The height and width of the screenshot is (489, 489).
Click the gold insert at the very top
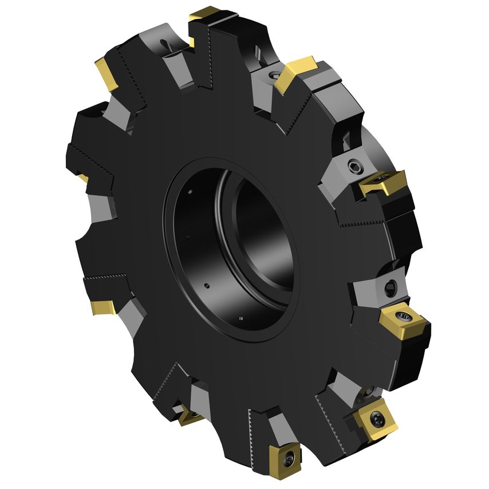click(x=206, y=13)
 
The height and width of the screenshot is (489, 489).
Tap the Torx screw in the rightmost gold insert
click(x=406, y=314)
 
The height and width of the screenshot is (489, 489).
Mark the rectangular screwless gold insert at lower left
click(x=104, y=307)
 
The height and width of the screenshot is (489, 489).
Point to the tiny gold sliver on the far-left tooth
click(x=84, y=178)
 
